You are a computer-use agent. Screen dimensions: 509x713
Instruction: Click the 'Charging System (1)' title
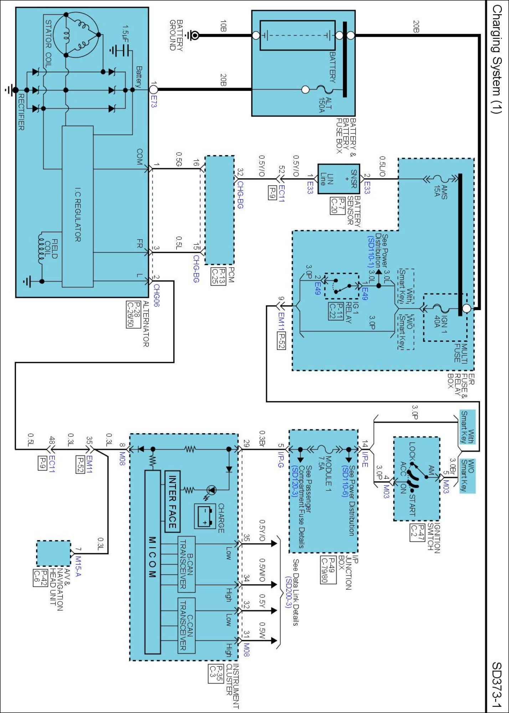tap(497, 59)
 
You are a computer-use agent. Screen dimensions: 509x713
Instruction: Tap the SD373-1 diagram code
tap(497, 684)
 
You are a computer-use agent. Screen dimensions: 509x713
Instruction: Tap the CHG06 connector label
tap(156, 296)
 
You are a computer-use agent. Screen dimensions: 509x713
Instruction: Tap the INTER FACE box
tap(173, 501)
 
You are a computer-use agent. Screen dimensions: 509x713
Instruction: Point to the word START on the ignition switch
tap(412, 505)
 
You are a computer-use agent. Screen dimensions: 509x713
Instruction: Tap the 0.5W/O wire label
tap(262, 570)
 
